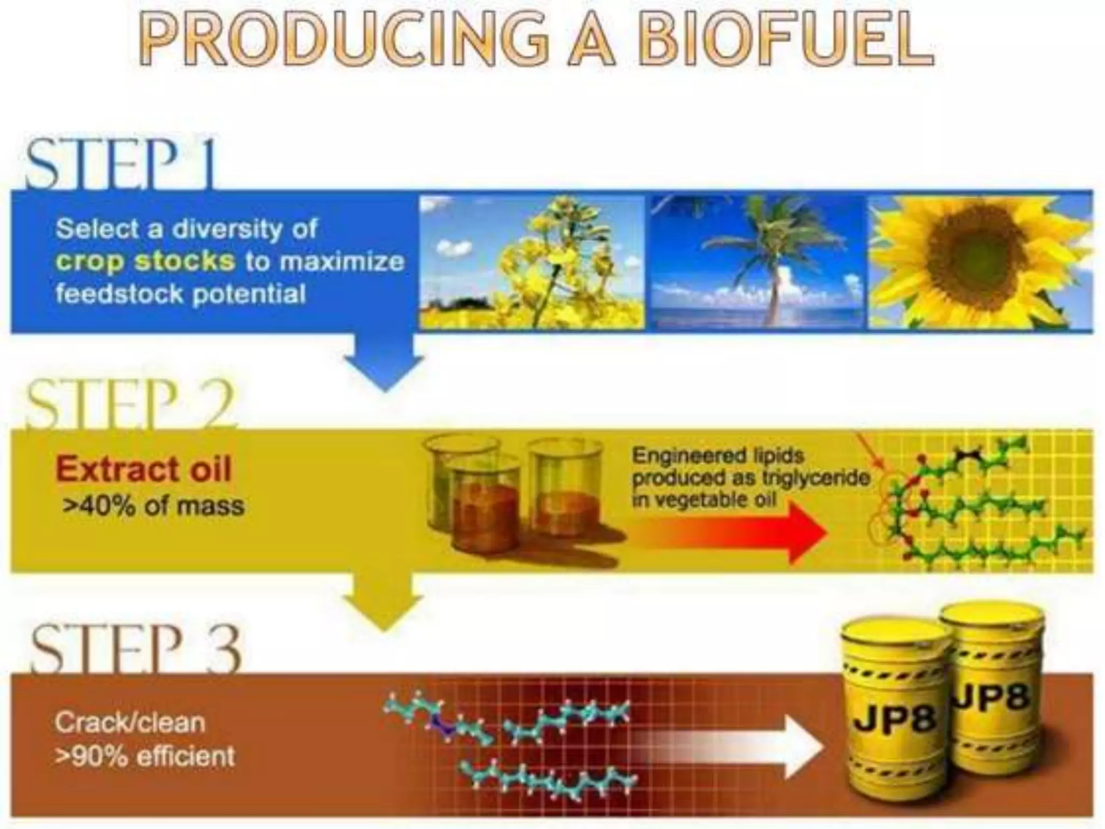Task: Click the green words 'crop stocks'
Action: point(145,262)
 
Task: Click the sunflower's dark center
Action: point(971,254)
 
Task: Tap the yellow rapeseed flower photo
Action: point(532,262)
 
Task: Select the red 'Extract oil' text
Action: point(144,469)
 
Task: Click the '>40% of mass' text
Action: point(153,506)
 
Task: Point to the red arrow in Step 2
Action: point(755,532)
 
